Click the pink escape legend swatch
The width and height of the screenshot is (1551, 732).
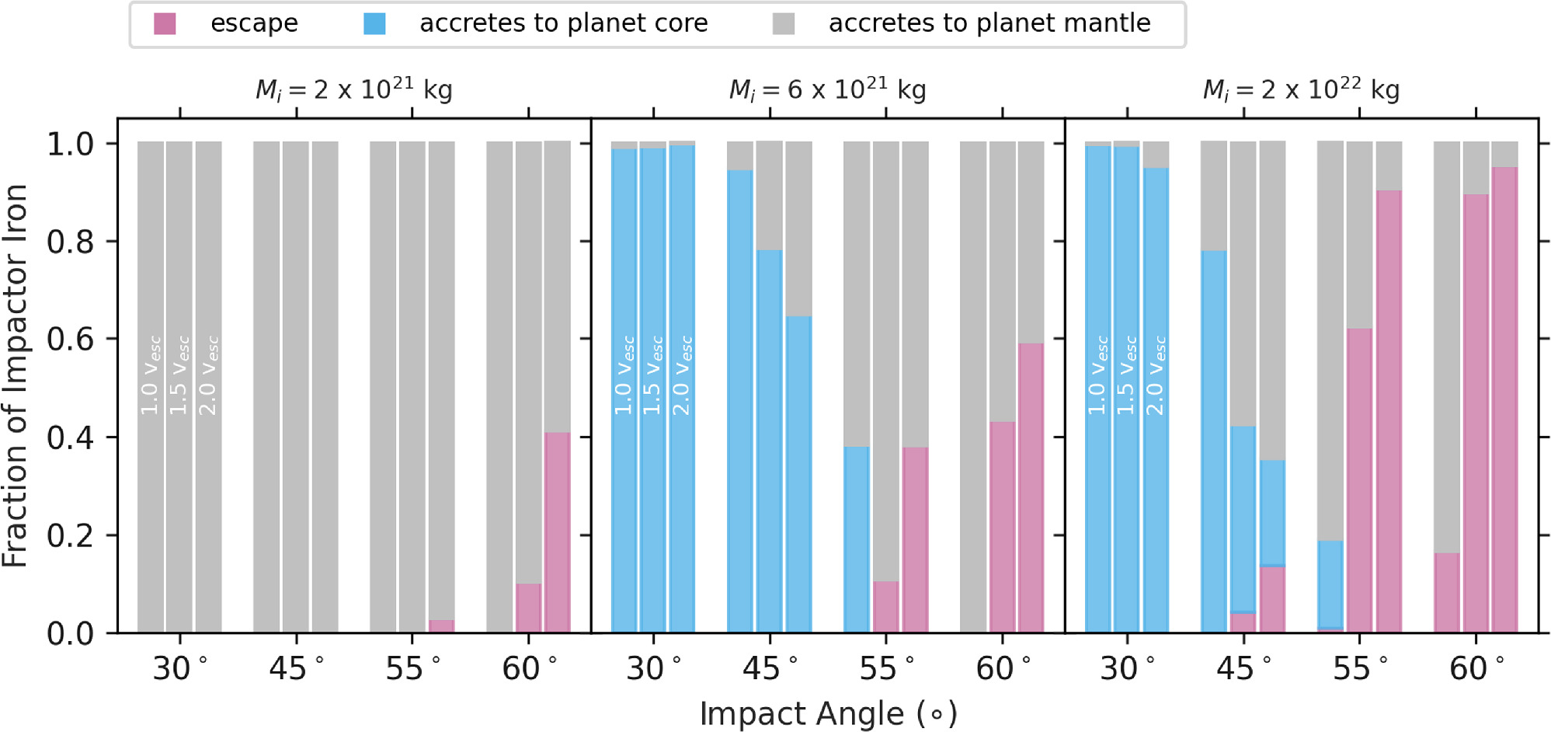pyautogui.click(x=165, y=24)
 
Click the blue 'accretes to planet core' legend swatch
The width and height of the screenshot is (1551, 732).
pyautogui.click(x=374, y=24)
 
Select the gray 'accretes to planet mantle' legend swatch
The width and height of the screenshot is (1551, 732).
pyautogui.click(x=784, y=24)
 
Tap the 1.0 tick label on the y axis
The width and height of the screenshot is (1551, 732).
pyautogui.click(x=70, y=144)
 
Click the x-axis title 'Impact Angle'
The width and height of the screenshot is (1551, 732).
pyautogui.click(x=828, y=713)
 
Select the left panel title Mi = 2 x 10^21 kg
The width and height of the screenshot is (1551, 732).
pyautogui.click(x=354, y=90)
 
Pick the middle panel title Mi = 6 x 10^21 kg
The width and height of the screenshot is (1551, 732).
pyautogui.click(x=827, y=90)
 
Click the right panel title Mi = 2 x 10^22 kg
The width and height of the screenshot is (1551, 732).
pyautogui.click(x=1301, y=90)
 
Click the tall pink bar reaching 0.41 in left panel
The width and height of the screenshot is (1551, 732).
pyautogui.click(x=558, y=532)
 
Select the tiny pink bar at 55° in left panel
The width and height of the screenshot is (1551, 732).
pyautogui.click(x=441, y=626)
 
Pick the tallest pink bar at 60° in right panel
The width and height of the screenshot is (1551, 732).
pyautogui.click(x=1504, y=400)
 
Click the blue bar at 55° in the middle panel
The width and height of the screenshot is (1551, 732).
pyautogui.click(x=857, y=539)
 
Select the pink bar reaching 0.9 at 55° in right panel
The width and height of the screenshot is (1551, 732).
pyautogui.click(x=1389, y=412)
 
